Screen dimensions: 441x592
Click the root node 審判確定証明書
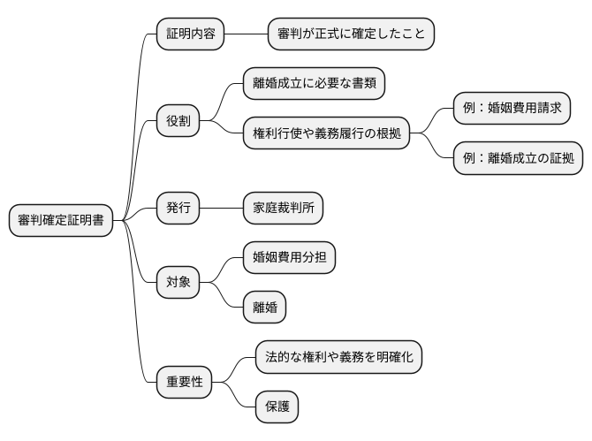tap(61, 221)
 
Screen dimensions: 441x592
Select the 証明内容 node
tap(190, 34)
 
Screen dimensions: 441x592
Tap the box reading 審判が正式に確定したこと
tap(351, 34)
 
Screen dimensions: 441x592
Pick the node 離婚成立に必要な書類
tap(314, 84)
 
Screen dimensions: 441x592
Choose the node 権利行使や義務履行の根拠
tap(326, 133)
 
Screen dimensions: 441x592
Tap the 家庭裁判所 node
tap(283, 209)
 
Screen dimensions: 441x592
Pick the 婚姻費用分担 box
tap(289, 258)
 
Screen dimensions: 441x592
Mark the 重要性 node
tap(185, 382)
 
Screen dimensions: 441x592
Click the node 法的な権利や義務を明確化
tap(339, 357)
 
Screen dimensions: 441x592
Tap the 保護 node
tap(277, 407)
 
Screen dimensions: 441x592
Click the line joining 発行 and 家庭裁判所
tap(222, 209)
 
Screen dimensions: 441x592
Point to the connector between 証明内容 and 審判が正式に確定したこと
tap(246, 34)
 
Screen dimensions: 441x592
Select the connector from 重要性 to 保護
tap(235, 395)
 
